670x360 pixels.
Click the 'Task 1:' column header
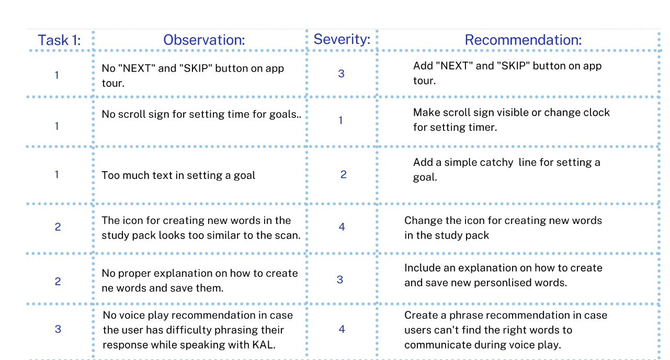tap(59, 40)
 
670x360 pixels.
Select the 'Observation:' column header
tap(203, 40)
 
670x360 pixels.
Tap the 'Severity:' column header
tap(342, 39)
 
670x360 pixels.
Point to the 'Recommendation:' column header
tap(523, 40)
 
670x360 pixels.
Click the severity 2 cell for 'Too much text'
tap(343, 175)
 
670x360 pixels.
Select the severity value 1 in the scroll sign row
tap(340, 120)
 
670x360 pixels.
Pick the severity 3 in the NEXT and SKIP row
tap(341, 74)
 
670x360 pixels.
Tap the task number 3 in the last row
tap(58, 329)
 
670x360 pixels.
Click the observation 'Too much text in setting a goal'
tap(178, 175)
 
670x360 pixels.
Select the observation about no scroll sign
tap(201, 114)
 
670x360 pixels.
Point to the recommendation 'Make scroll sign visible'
tap(511, 120)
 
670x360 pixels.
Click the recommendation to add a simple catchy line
tap(506, 170)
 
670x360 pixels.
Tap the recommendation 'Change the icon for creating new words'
tap(503, 228)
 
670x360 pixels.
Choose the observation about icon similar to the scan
tap(201, 228)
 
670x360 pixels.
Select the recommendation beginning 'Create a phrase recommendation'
tap(505, 330)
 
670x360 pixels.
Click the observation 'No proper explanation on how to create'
tap(199, 280)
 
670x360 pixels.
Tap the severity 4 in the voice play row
tap(342, 329)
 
